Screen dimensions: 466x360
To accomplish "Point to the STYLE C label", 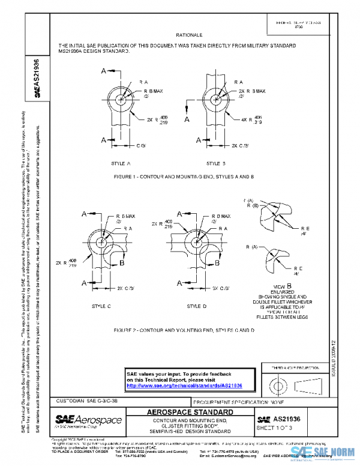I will pos(101,306).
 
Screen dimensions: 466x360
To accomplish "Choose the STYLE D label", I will pos(196,306).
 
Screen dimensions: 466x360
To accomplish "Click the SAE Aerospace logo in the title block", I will pos(88,420).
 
